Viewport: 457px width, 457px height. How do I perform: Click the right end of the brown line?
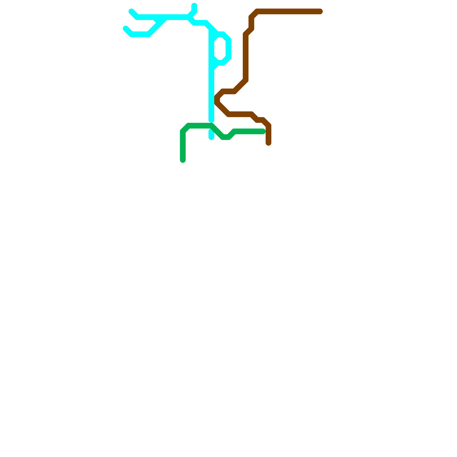click(x=320, y=11)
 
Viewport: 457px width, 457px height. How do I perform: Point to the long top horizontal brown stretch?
click(x=288, y=11)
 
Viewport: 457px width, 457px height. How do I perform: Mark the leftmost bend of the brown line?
click(x=217, y=99)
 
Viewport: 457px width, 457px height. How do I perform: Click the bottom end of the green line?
click(x=183, y=161)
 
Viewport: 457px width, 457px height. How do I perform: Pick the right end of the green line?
click(x=263, y=131)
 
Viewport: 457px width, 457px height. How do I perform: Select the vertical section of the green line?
click(x=183, y=146)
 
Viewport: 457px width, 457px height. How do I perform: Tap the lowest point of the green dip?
click(x=226, y=137)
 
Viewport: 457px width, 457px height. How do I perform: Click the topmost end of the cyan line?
click(x=194, y=5)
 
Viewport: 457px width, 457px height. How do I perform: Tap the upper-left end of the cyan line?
click(x=131, y=11)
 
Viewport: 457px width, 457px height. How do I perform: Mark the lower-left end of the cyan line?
click(x=125, y=28)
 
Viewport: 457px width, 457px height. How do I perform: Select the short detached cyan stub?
click(x=211, y=134)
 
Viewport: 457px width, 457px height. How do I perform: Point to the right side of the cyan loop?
click(x=228, y=49)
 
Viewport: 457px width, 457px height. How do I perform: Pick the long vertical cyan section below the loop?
click(x=211, y=94)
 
